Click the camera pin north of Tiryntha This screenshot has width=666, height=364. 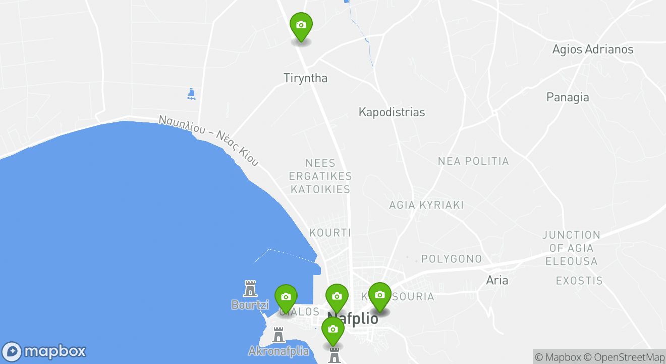(301, 26)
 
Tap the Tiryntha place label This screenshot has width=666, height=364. (305, 78)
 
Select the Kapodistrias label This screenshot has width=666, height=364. (392, 112)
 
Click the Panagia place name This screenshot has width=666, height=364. (568, 97)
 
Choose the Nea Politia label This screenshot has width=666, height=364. (473, 161)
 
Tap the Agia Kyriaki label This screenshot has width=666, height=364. (426, 205)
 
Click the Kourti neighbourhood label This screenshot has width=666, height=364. (329, 233)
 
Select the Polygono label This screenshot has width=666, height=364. (452, 259)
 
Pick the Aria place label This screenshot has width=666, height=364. (497, 280)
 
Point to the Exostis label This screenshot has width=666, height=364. (579, 281)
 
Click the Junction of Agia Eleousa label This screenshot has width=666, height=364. (572, 248)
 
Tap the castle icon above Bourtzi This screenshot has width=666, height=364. (250, 289)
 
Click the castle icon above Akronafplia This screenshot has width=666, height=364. (278, 335)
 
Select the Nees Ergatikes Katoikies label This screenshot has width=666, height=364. (320, 176)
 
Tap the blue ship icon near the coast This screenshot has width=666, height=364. (191, 94)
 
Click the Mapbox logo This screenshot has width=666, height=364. (44, 351)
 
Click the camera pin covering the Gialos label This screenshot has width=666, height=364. (286, 298)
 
